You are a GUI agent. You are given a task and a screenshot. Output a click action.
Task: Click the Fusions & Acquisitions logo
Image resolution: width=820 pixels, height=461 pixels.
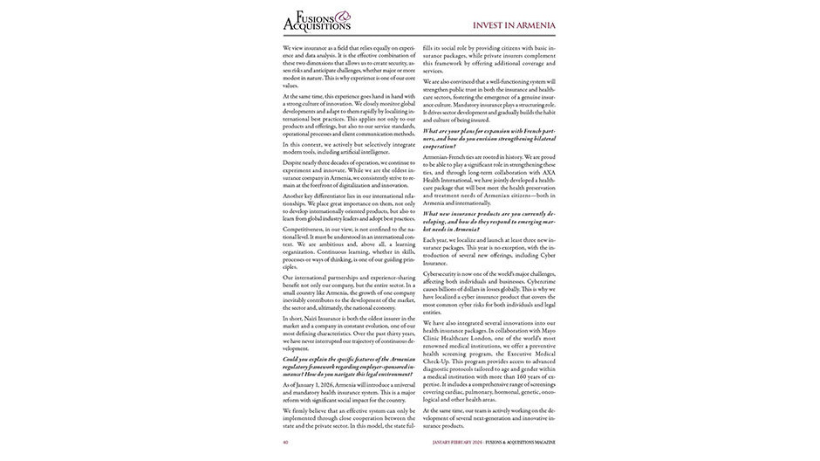[x=318, y=20]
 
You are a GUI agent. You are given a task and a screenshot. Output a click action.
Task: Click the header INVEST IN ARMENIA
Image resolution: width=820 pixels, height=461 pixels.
[x=514, y=24]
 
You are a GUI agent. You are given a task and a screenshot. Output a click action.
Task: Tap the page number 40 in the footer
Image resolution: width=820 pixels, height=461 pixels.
[x=285, y=442]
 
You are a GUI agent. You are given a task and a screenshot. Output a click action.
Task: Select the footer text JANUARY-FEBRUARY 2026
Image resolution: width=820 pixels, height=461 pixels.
[x=463, y=442]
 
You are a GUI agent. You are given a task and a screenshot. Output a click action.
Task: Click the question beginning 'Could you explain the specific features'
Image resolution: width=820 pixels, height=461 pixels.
[x=349, y=366]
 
